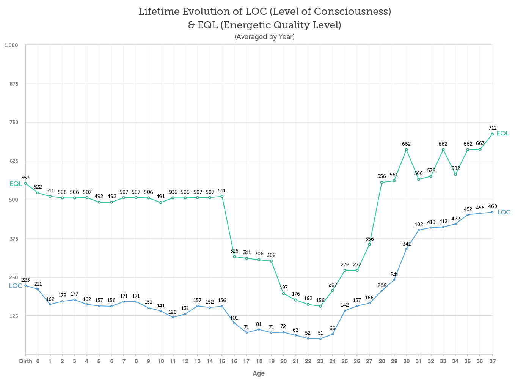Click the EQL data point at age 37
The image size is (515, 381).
[492, 134]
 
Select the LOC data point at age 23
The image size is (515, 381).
[320, 339]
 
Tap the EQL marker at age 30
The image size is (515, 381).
[406, 150]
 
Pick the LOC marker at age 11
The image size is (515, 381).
[173, 317]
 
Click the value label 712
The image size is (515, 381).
[493, 128]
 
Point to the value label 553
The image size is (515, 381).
[25, 178]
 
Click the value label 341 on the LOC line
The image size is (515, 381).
[407, 244]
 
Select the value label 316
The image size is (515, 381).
[234, 251]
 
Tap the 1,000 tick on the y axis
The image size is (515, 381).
[11, 45]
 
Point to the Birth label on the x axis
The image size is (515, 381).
[26, 361]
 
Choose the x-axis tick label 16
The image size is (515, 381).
[234, 361]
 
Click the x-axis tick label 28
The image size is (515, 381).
[382, 361]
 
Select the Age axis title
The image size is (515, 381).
[259, 373]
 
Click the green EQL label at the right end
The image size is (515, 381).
[503, 134]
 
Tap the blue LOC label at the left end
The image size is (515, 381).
[16, 286]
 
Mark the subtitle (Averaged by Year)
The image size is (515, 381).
[265, 37]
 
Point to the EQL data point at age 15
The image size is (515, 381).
[222, 196]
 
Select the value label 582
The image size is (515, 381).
[455, 168]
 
